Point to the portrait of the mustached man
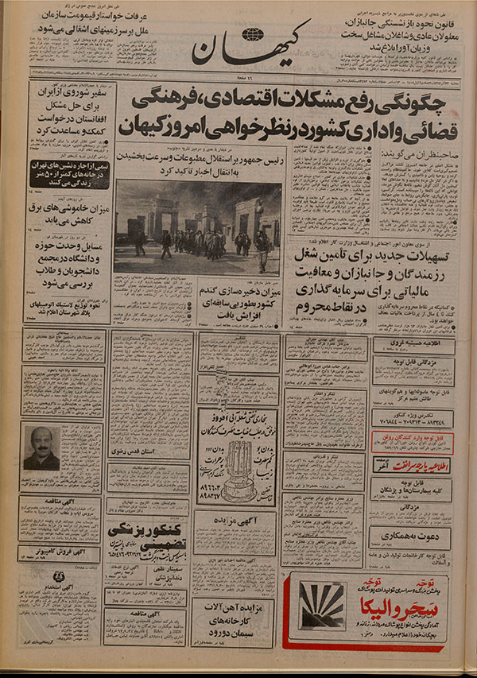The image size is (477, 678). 41,447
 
